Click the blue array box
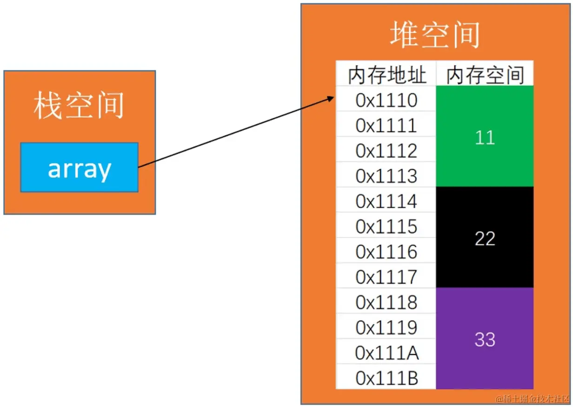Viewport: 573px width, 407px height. tap(79, 168)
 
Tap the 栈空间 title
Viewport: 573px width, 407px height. tap(79, 106)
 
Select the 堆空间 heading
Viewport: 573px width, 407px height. tap(434, 35)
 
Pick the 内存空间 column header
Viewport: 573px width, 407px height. tap(485, 75)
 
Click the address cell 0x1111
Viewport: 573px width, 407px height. tap(386, 126)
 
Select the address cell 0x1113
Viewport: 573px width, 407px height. tap(386, 176)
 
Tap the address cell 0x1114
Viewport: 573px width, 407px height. tap(386, 201)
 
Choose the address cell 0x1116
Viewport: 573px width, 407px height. tap(386, 252)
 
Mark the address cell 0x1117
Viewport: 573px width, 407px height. tap(386, 277)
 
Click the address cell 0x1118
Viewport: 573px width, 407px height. tap(386, 303)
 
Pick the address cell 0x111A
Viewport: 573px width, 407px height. tap(386, 353)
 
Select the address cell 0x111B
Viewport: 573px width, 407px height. tap(386, 378)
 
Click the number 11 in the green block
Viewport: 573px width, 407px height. tap(485, 137)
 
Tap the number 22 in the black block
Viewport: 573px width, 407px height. tap(485, 238)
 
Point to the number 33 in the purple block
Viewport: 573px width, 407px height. tap(485, 339)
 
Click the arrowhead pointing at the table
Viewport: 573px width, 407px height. tap(331, 98)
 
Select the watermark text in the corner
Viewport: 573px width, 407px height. tap(532, 399)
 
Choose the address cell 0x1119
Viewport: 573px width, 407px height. tap(386, 328)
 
